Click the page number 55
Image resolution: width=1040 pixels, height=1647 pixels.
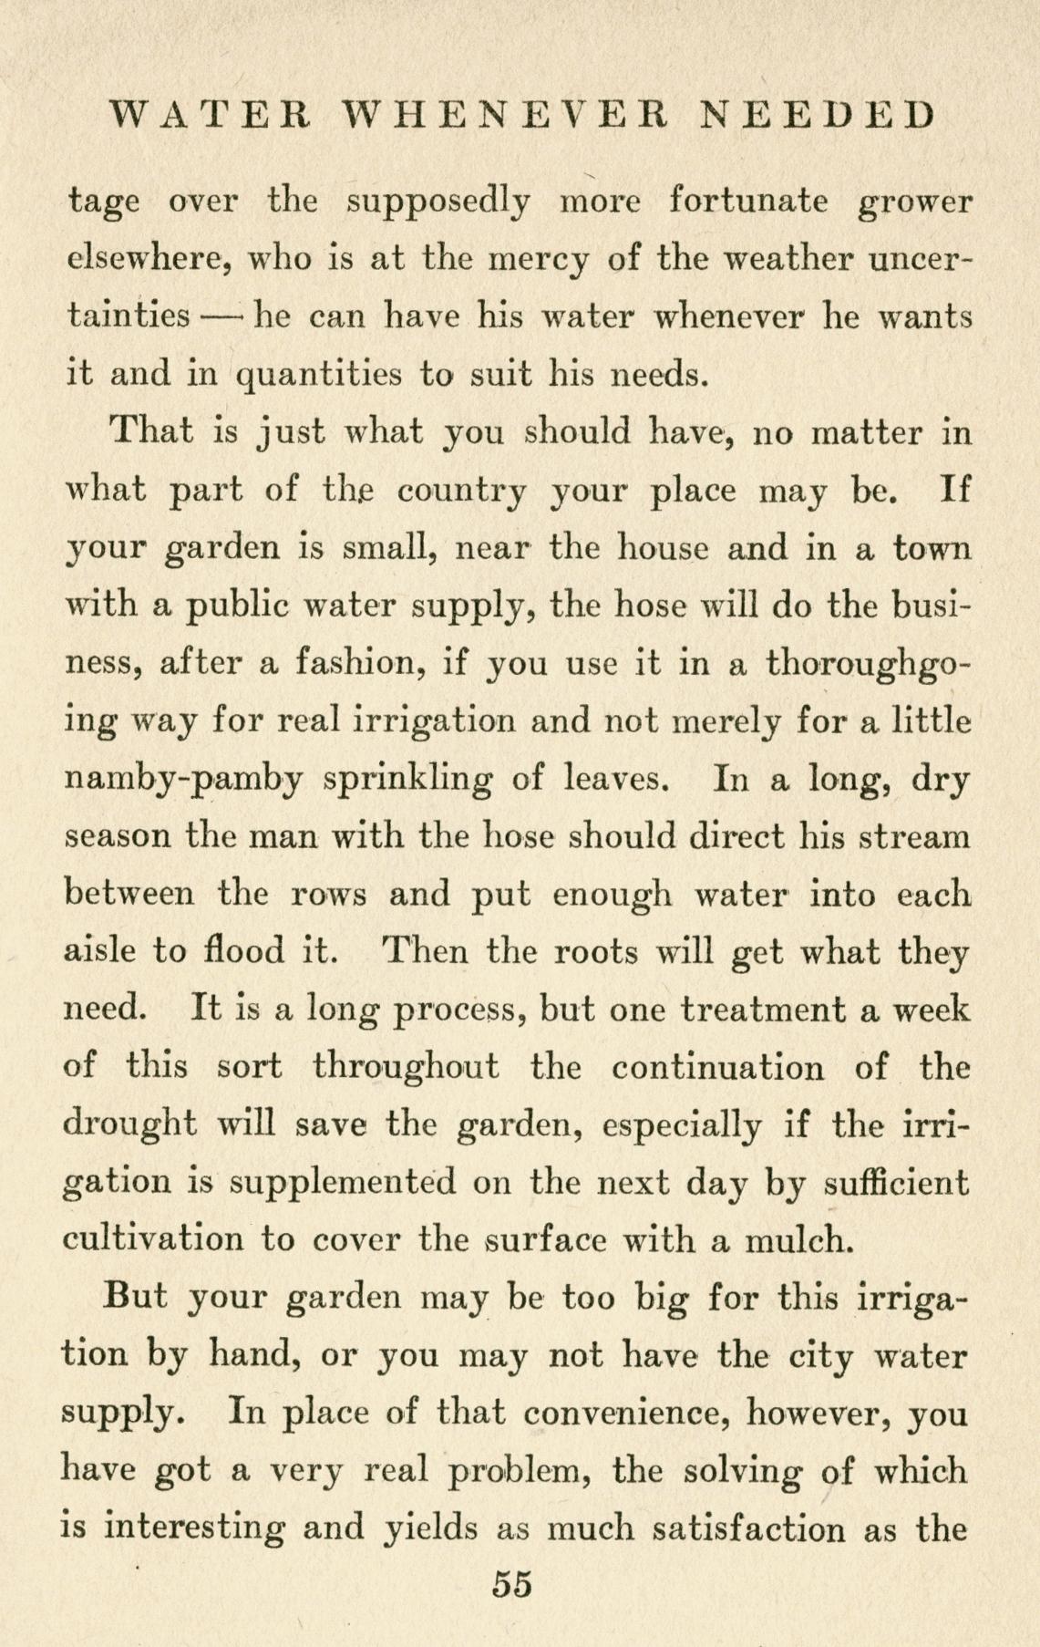pos(511,1582)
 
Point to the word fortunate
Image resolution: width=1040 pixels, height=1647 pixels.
pos(748,200)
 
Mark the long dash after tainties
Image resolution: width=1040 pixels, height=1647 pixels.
pos(224,316)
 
